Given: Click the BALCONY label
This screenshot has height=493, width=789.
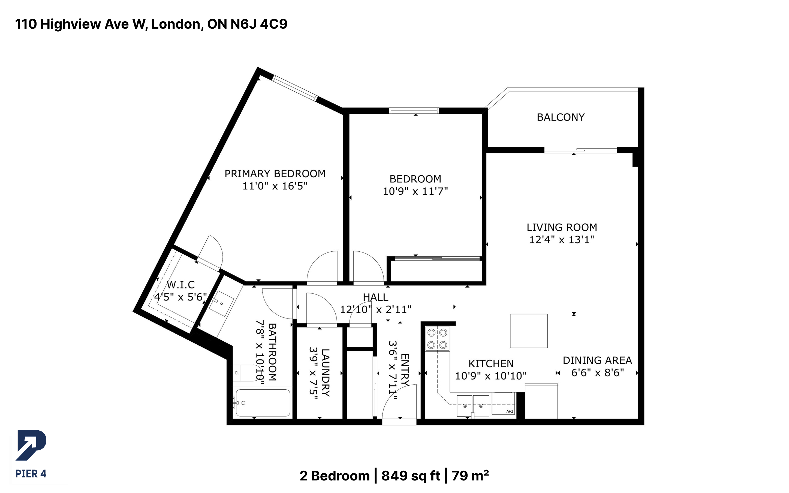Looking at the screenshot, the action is pos(561,117).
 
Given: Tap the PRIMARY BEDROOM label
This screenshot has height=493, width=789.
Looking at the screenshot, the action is pos(275,173).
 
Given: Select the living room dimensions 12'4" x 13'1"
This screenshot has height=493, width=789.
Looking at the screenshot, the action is pos(562,240).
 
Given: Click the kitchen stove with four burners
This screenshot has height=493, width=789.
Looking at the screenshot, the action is pos(437,338).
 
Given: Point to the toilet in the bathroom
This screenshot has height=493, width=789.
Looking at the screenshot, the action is pos(246,373).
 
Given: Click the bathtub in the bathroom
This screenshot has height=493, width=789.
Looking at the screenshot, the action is pos(263,403).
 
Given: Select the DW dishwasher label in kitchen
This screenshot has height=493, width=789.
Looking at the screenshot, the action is pos(510,411).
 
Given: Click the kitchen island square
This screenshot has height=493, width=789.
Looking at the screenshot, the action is pos(529,331).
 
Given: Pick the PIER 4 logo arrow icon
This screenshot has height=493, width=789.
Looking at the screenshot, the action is pos(31,445).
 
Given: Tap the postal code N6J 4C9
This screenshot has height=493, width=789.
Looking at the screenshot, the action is pos(259,24).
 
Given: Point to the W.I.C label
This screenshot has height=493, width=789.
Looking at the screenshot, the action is pos(181,285).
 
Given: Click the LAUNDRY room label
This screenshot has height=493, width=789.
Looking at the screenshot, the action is pos(325,372).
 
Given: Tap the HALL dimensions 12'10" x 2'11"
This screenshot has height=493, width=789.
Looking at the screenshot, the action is pos(376,309).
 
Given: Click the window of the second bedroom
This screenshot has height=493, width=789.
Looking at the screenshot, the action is pos(414,110).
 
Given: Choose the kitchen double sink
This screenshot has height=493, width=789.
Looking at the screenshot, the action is pos(473,406).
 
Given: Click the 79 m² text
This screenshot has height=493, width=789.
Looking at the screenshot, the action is pos(470,476).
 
